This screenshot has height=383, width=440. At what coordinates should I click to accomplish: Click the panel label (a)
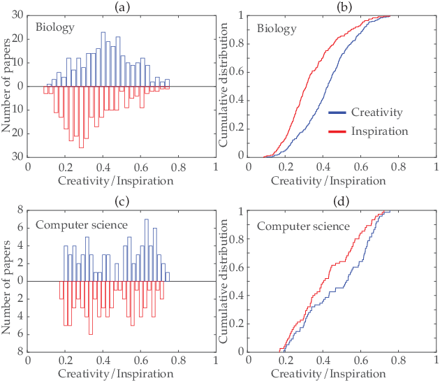pyautogui.click(x=122, y=8)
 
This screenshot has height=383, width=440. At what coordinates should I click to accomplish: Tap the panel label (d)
pyautogui.click(x=341, y=201)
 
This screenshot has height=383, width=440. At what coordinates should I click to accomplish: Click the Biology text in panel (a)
pyautogui.click(x=55, y=27)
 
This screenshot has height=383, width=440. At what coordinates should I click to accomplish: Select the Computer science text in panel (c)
pyautogui.click(x=82, y=225)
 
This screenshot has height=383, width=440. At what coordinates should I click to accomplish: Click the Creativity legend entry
pyautogui.click(x=366, y=113)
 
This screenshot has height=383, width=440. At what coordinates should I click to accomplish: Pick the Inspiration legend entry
pyautogui.click(x=368, y=131)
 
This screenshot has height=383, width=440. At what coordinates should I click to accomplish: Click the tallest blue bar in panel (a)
pyautogui.click(x=103, y=59)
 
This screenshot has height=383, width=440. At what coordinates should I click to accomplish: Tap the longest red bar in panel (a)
pyautogui.click(x=81, y=117)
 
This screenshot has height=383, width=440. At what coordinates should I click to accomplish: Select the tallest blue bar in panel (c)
pyautogui.click(x=146, y=250)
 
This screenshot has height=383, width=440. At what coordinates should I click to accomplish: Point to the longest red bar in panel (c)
pyautogui.click(x=90, y=308)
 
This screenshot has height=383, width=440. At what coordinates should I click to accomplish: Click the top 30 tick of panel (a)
pyautogui.click(x=17, y=15)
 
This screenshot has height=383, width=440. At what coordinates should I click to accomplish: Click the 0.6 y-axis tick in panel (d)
pyautogui.click(x=237, y=267)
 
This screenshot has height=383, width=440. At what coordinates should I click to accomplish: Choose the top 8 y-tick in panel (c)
pyautogui.click(x=20, y=210)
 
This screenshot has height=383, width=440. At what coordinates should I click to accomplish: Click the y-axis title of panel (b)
pyautogui.click(x=223, y=85)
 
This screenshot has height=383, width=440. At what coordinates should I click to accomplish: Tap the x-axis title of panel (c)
pyautogui.click(x=116, y=374)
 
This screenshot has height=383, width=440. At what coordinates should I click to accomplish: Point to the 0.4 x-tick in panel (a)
pyautogui.click(x=103, y=168)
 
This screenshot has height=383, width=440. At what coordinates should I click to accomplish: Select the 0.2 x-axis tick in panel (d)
pyautogui.click(x=286, y=360)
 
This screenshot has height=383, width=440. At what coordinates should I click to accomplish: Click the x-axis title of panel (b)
pyautogui.click(x=328, y=181)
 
